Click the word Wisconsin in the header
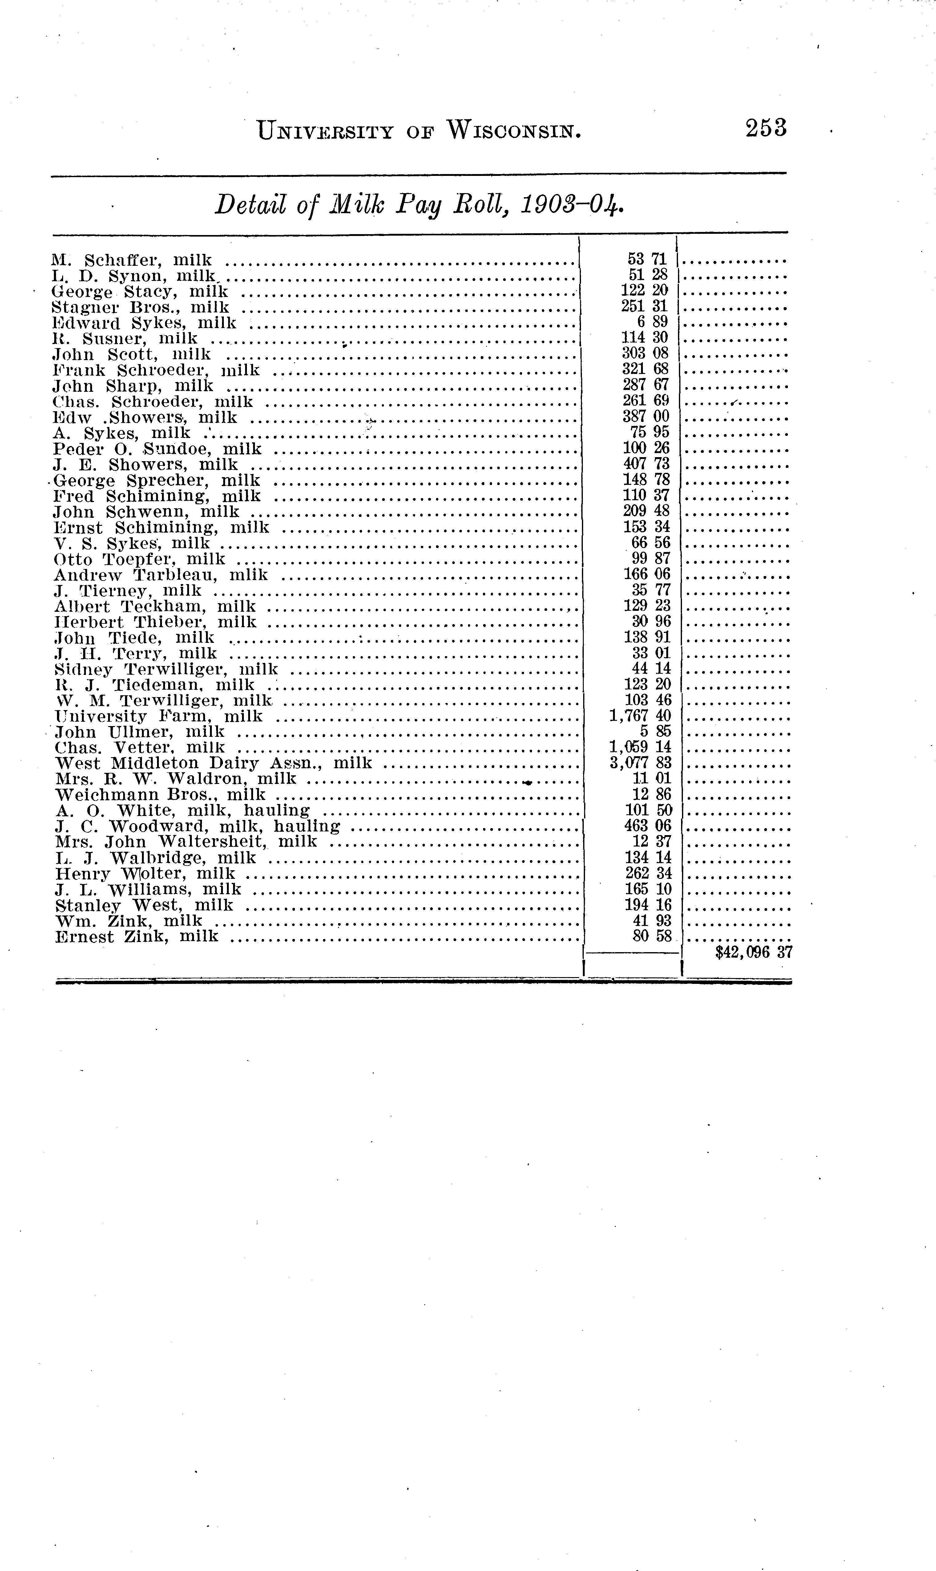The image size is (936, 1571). click(513, 131)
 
